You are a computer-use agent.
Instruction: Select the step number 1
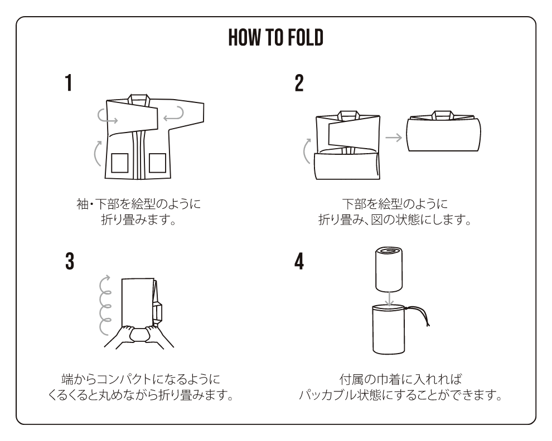coord(68,84)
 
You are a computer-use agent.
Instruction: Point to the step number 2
coord(299,84)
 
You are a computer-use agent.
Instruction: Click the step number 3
coord(69,261)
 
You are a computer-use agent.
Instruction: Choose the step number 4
coord(299,261)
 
